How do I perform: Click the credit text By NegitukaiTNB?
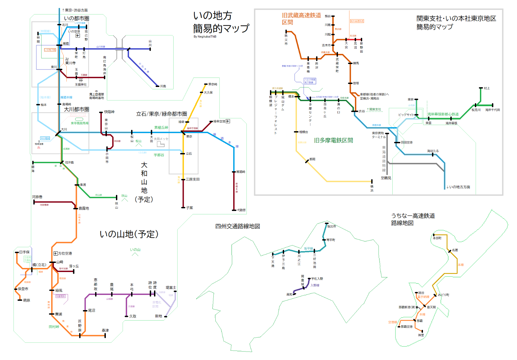click(205, 36)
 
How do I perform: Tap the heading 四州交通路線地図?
click(238, 226)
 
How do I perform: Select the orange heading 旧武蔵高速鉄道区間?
click(301, 19)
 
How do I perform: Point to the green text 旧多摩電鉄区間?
click(333, 140)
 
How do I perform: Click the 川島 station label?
click(163, 86)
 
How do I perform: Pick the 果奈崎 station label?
click(213, 84)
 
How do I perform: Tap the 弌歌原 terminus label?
click(241, 210)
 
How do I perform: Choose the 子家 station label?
click(189, 208)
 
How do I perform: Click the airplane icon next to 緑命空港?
click(228, 121)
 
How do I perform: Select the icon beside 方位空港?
click(56, 253)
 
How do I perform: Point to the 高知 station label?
click(289, 294)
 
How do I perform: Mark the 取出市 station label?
click(331, 226)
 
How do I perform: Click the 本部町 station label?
click(437, 238)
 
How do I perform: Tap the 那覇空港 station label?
click(406, 327)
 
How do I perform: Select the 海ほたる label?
click(433, 151)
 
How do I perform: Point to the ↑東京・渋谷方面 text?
click(75, 10)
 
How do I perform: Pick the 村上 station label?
click(487, 88)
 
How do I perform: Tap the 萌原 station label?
click(26, 300)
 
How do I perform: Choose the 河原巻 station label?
click(37, 197)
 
